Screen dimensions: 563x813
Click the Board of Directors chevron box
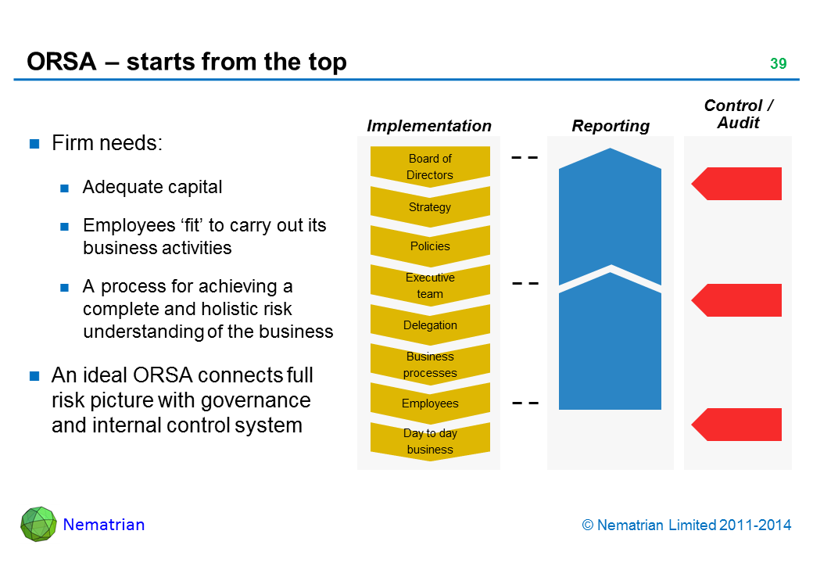click(x=430, y=167)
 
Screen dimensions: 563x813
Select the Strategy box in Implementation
click(x=430, y=207)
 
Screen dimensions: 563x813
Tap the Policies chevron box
click(x=430, y=246)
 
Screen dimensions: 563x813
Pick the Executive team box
click(x=430, y=285)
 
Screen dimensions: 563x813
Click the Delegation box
click(x=430, y=325)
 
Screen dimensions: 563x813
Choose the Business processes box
click(x=430, y=364)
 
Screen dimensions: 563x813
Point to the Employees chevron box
click(x=430, y=403)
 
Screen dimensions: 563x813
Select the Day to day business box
click(x=430, y=441)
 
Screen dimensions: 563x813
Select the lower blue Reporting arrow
click(x=610, y=344)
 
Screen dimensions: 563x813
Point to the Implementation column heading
click(x=429, y=126)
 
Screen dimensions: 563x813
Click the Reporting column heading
click(x=611, y=126)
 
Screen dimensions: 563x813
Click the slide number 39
click(x=778, y=64)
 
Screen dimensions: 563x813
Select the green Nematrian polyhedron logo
click(x=38, y=524)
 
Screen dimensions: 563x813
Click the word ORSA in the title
click(x=61, y=62)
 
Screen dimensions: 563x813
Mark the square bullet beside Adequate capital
click(x=66, y=188)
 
